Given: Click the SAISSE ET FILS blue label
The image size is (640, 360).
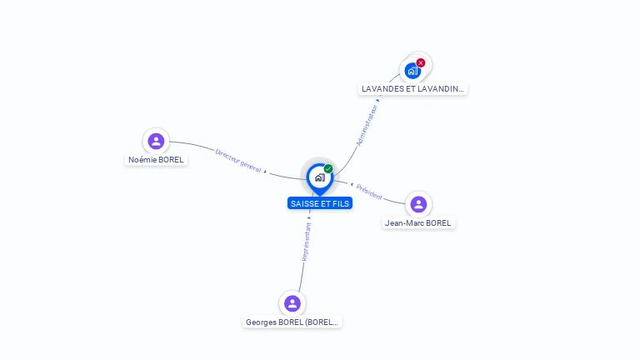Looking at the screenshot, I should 320,203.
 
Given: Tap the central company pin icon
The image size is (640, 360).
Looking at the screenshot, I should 319,177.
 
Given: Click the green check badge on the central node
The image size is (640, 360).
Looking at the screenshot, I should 328,168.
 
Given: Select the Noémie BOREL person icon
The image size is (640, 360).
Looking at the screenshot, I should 156,141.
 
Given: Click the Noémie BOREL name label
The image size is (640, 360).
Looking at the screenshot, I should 156,159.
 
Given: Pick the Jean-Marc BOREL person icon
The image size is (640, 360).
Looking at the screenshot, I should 418,204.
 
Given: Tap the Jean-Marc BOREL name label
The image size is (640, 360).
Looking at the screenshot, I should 418,222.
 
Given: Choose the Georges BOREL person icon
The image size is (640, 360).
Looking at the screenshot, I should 292,303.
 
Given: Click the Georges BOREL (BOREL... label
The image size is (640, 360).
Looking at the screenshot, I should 292,322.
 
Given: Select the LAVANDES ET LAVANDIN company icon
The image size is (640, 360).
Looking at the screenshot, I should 412,71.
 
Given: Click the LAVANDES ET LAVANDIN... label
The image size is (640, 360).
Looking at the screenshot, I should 412,88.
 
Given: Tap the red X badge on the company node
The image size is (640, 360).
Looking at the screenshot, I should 421,62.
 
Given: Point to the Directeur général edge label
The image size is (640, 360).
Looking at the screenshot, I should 238,161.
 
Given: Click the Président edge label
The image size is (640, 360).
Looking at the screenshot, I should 369,191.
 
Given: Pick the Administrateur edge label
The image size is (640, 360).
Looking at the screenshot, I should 367,125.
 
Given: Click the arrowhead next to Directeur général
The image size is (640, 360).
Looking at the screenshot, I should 266,171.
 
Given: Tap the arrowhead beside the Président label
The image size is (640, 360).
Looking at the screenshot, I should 352,184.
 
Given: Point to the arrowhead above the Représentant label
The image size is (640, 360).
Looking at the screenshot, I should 309,218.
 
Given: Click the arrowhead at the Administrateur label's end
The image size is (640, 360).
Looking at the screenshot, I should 377,100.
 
